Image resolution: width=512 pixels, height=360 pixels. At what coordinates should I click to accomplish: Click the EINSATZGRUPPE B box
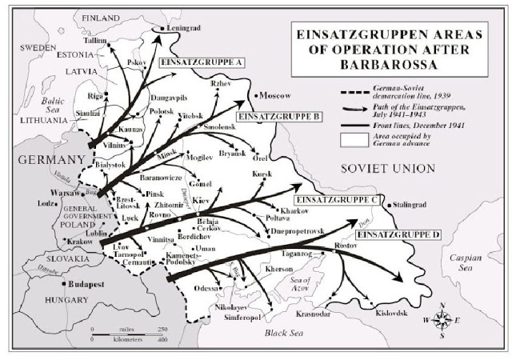click(x=280, y=116)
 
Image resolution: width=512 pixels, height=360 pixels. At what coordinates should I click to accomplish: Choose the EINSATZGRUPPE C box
click(x=334, y=198)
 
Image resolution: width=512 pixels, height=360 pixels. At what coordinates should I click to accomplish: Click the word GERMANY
click(x=42, y=158)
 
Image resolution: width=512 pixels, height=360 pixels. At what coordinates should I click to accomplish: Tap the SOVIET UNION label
click(x=386, y=168)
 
